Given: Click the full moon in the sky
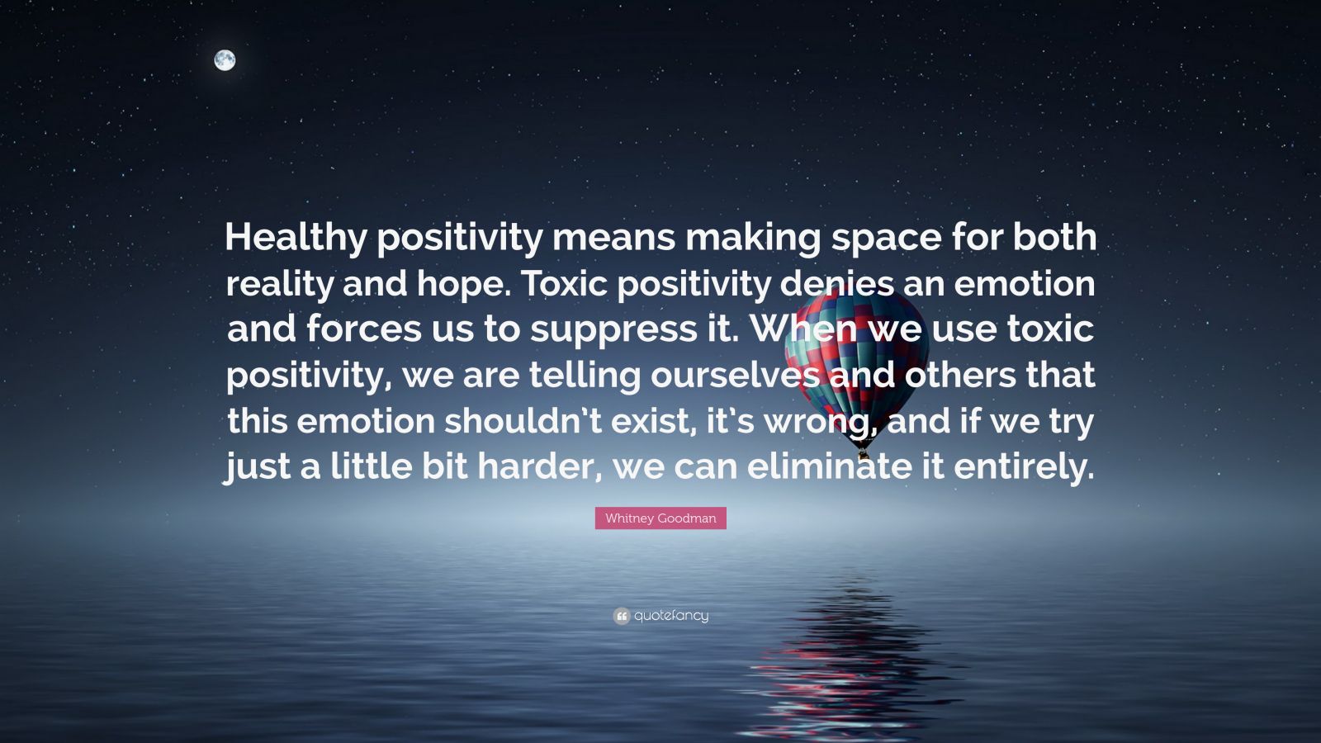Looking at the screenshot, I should [x=225, y=59].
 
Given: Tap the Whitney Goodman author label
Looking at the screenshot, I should [x=660, y=518].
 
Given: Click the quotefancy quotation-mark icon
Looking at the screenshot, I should [x=622, y=616].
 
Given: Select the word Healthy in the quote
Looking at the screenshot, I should [x=295, y=238].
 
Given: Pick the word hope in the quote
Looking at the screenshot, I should [x=466, y=284].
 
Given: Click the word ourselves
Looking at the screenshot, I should [x=735, y=375].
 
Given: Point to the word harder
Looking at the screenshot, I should [x=535, y=467].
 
